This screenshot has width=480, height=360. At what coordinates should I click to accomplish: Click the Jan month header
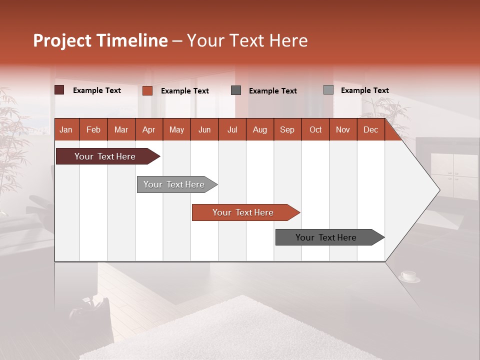(x=66, y=129)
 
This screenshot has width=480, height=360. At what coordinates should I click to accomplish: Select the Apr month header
(x=148, y=129)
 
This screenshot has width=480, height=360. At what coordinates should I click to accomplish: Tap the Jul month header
(x=232, y=129)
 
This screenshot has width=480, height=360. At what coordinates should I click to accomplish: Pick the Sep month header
(x=287, y=129)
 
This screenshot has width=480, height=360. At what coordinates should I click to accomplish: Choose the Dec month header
(x=370, y=129)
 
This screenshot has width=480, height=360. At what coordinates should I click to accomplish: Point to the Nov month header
(x=342, y=129)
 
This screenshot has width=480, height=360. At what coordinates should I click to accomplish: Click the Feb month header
(x=93, y=129)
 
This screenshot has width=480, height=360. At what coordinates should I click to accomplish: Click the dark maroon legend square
(x=59, y=90)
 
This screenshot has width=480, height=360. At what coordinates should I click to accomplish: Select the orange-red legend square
(x=147, y=90)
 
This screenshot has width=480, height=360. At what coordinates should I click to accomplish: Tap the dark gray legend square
(x=236, y=90)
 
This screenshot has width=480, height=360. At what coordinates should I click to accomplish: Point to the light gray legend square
(x=328, y=90)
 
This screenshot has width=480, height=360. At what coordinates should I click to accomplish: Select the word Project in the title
(x=62, y=40)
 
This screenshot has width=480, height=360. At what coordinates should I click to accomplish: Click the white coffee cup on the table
(x=408, y=275)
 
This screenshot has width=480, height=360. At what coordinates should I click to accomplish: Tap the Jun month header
(x=204, y=129)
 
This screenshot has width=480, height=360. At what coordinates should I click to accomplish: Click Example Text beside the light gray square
(x=364, y=90)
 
